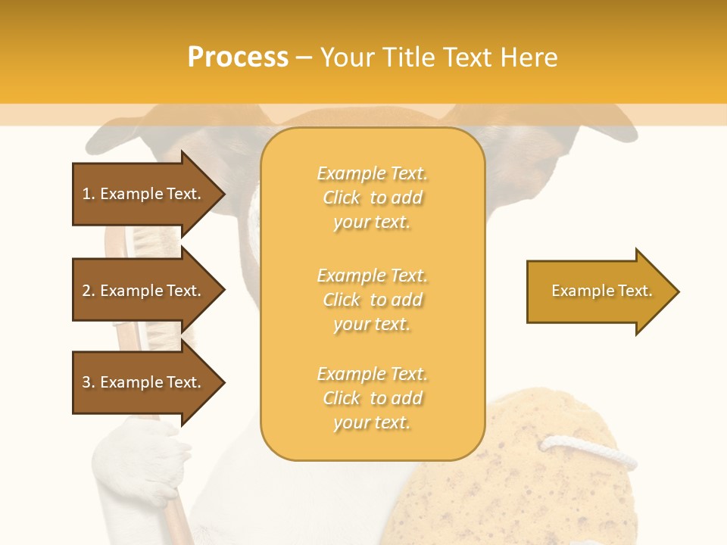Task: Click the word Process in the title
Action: point(238,58)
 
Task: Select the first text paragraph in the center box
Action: point(372,198)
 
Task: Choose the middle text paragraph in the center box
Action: point(372,300)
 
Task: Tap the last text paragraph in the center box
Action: point(372,398)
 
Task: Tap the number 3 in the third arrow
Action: point(86,382)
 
